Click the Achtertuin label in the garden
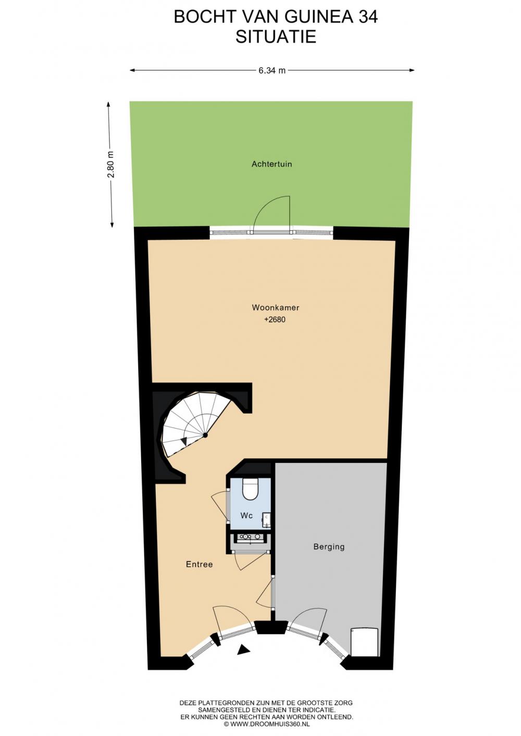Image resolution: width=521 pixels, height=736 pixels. point(272,164)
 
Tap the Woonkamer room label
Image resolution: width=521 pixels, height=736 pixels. point(276,307)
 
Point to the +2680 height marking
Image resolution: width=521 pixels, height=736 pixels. point(275,319)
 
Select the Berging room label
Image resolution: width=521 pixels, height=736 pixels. point(329,547)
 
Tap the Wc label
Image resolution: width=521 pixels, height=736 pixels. point(246,515)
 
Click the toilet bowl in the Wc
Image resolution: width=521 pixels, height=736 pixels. point(251,489)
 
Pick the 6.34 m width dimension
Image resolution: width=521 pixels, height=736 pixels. point(272,70)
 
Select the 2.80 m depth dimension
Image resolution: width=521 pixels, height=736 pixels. point(112,164)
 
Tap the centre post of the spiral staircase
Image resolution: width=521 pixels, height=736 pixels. point(205,435)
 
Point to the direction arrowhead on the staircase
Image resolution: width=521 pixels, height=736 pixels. point(184,441)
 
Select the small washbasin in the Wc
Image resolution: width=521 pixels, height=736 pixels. point(267,519)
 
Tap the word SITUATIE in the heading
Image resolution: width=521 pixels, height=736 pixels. point(276,36)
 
